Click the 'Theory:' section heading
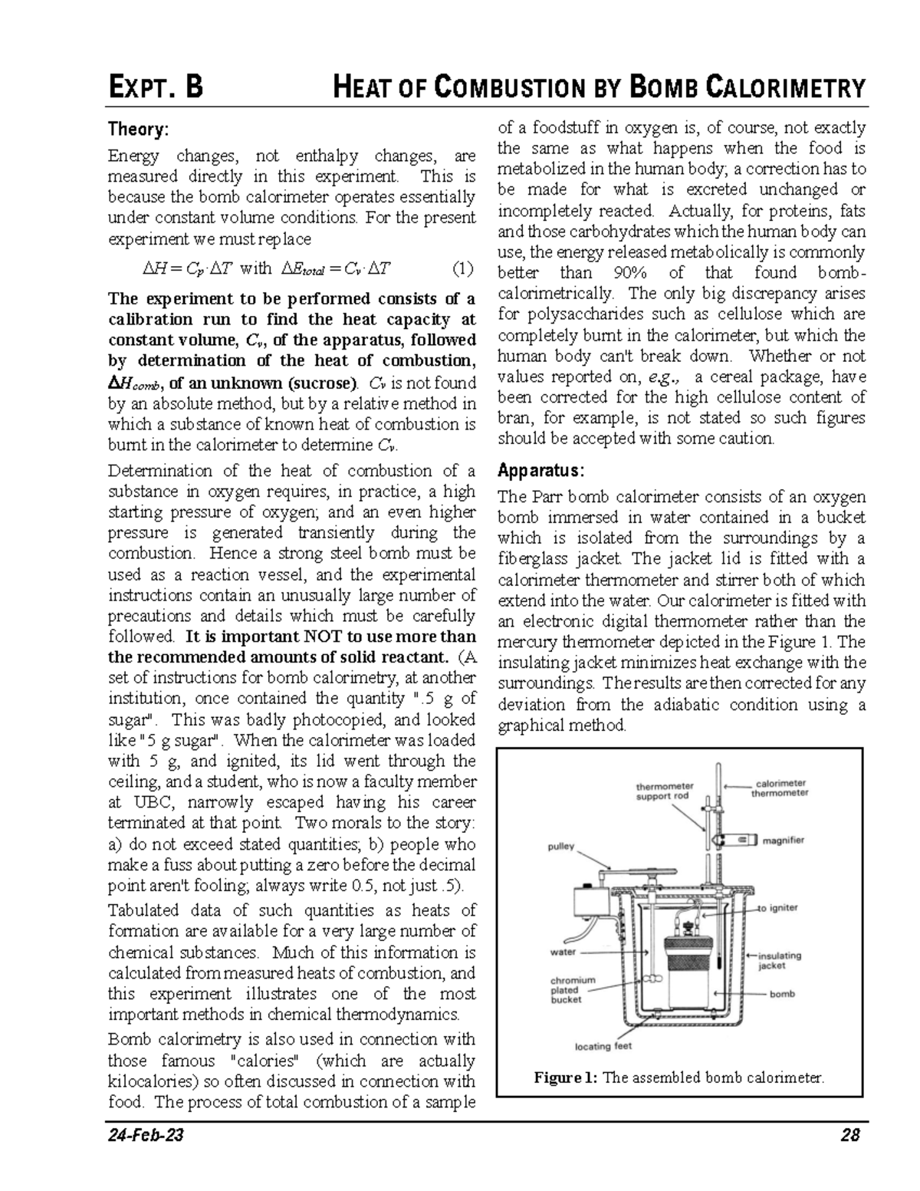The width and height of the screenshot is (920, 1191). pyautogui.click(x=136, y=130)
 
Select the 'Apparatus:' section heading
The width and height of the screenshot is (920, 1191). pyautogui.click(x=541, y=469)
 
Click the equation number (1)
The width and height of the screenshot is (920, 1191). pyautogui.click(x=462, y=268)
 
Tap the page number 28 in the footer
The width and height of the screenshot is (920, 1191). pyautogui.click(x=849, y=1135)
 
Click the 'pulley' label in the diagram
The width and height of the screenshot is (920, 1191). pyautogui.click(x=560, y=847)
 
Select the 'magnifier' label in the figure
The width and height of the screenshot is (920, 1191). pyautogui.click(x=783, y=840)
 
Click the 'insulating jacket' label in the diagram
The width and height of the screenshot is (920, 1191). pyautogui.click(x=779, y=960)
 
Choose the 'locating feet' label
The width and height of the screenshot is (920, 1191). pyautogui.click(x=603, y=1046)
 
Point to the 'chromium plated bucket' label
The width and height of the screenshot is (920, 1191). pyautogui.click(x=573, y=989)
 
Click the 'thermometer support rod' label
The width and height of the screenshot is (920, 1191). pyautogui.click(x=665, y=791)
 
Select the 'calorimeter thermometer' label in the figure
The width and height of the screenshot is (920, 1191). pyautogui.click(x=779, y=788)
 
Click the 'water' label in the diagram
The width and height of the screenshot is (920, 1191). pyautogui.click(x=563, y=952)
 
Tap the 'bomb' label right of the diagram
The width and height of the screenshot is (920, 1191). pyautogui.click(x=782, y=994)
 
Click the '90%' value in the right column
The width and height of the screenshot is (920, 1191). pyautogui.click(x=631, y=273)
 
